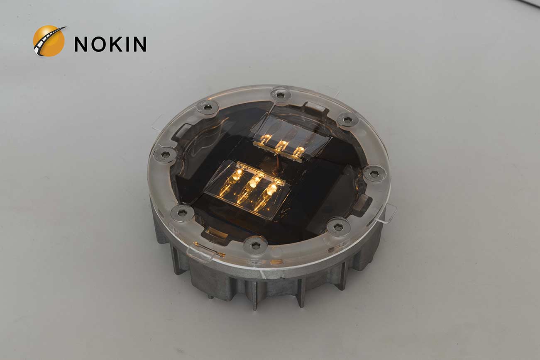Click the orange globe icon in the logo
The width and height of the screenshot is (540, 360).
point(49,41)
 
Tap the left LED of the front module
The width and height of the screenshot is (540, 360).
point(237,175)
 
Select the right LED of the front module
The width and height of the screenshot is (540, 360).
point(271,189)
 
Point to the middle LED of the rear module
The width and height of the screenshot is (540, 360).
point(283,145)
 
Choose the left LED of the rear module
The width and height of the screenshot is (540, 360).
point(266,138)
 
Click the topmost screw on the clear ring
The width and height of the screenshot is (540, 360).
point(281,95)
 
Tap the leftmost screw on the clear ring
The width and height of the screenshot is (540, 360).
point(165,155)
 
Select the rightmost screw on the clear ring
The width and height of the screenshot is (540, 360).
point(374,173)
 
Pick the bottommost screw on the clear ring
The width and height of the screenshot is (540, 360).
point(255,245)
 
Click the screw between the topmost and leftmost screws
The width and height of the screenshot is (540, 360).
point(208,108)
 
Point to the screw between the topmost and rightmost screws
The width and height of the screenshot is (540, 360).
point(347,120)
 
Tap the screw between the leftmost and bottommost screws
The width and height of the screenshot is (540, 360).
point(182,213)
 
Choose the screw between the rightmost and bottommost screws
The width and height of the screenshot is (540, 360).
point(338,227)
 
